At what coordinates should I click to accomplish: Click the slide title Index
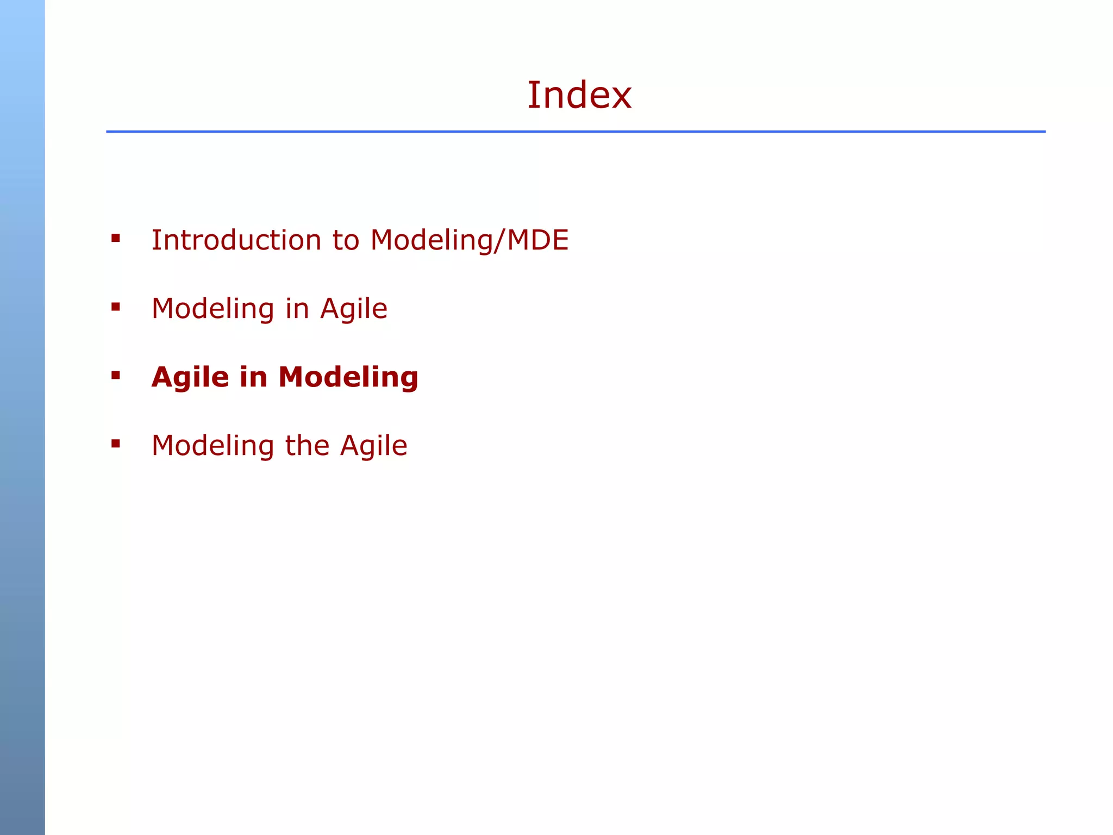[x=579, y=95]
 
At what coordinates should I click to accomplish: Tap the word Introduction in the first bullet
[x=236, y=240]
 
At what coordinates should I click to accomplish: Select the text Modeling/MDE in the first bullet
[x=470, y=240]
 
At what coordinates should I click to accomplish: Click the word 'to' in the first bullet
[x=346, y=240]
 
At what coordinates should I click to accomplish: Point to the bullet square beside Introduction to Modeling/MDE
[x=116, y=238]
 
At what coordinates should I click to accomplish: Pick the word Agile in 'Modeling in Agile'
[x=354, y=309]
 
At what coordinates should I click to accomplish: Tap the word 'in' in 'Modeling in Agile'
[x=297, y=309]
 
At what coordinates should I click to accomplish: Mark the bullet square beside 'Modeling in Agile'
[x=116, y=307]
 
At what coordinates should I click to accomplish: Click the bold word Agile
[x=190, y=377]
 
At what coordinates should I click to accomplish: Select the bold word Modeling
[x=348, y=377]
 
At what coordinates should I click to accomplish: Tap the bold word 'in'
[x=253, y=377]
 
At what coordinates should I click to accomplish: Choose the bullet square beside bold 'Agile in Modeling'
[x=116, y=375]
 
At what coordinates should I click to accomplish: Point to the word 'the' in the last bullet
[x=307, y=446]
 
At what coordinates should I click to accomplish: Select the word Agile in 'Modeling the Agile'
[x=374, y=446]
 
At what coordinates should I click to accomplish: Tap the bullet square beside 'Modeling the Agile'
[x=116, y=444]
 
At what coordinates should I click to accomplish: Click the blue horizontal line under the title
[x=576, y=132]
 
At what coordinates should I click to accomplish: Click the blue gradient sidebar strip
[x=22, y=417]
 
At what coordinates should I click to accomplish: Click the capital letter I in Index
[x=533, y=95]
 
